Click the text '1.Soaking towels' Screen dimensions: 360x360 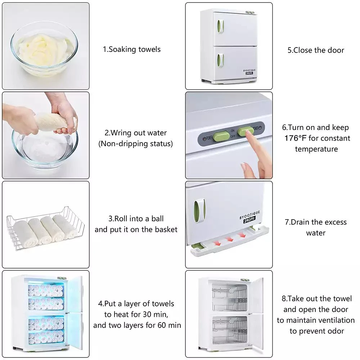131,49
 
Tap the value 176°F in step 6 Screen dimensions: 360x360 295,138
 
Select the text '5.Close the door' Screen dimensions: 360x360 316,50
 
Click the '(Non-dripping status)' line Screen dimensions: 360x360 135,144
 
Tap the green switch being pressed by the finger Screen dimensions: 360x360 245,131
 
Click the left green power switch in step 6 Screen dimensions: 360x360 221,136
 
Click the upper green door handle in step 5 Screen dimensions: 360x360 220,26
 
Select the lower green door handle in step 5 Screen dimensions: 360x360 220,60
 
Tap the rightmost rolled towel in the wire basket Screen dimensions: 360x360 65,226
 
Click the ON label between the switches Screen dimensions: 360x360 233,131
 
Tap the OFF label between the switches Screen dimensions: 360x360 233,136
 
